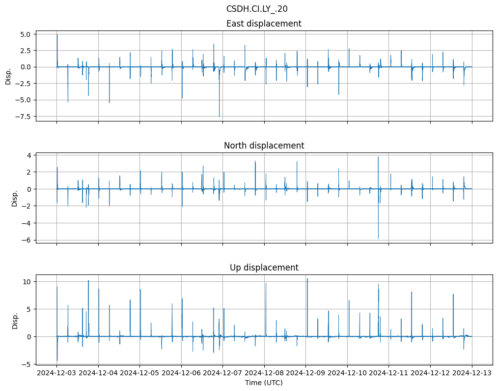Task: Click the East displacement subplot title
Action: coord(264,24)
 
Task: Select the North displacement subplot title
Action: coord(264,146)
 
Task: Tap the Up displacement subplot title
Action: coord(264,268)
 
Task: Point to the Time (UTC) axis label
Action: coord(264,383)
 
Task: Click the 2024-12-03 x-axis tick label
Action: coord(57,373)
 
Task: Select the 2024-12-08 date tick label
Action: coord(264,373)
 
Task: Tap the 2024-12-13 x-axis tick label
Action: coord(472,373)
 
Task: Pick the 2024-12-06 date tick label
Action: coord(181,373)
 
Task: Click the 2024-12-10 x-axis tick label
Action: coord(347,373)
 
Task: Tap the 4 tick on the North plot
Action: coord(29,155)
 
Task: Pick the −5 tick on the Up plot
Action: coord(28,364)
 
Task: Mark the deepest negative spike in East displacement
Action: coord(219,116)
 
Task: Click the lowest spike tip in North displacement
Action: coord(378,239)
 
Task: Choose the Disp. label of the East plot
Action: coord(8,77)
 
